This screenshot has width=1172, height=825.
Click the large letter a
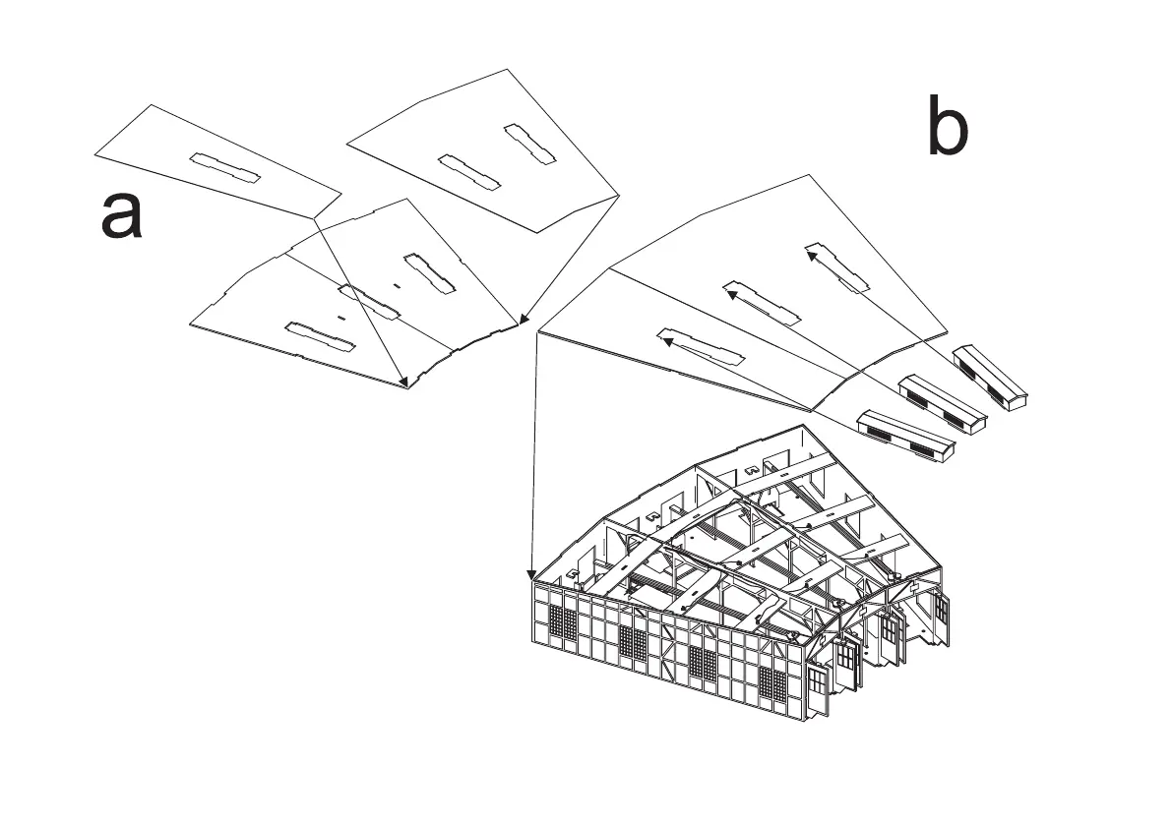[x=121, y=215]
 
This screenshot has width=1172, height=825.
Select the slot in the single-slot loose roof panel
[x=225, y=167]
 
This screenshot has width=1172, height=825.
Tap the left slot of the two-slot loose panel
[x=468, y=171]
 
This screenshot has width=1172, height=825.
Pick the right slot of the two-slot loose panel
[x=531, y=144]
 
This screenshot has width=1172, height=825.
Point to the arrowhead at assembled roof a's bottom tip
[x=403, y=383]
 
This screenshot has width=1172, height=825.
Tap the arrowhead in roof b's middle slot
[x=730, y=289]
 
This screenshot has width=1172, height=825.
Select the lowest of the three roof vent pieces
[x=906, y=435]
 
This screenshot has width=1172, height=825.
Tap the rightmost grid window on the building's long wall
[x=774, y=687]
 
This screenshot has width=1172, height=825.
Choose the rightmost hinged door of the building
[x=940, y=616]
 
